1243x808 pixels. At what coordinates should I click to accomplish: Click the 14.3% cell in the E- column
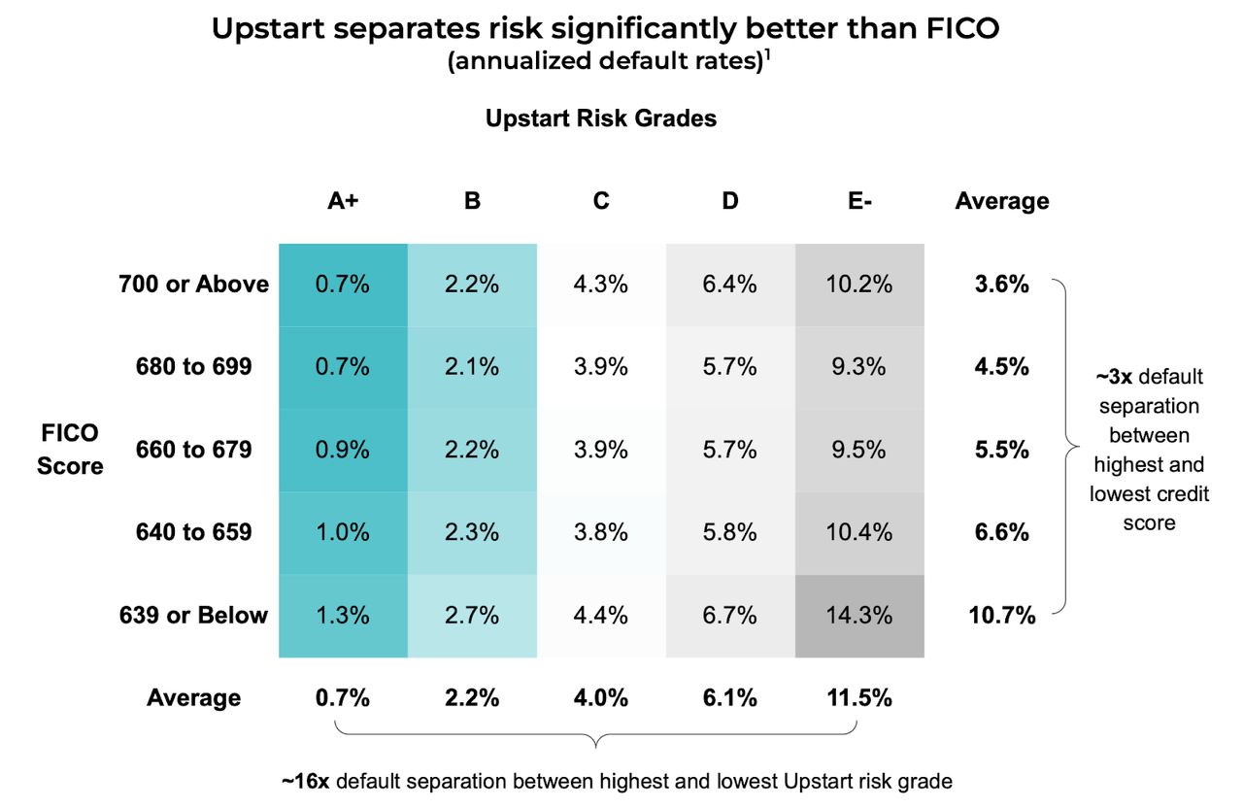[x=859, y=616]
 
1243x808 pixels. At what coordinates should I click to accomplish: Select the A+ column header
[x=342, y=201]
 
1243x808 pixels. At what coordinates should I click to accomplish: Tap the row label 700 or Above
[x=194, y=285]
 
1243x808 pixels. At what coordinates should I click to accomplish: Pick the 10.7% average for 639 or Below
[x=1002, y=616]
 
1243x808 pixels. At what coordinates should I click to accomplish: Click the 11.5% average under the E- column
[x=859, y=698]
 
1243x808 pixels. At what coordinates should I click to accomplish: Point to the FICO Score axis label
[x=70, y=450]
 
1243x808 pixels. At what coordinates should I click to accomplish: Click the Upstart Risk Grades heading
[x=601, y=118]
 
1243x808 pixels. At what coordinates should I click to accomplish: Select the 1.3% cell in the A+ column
[x=342, y=616]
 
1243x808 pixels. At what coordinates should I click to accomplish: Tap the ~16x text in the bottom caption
[x=306, y=780]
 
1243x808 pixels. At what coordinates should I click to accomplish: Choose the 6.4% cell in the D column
[x=730, y=285]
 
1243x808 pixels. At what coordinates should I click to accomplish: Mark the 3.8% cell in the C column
[x=601, y=532]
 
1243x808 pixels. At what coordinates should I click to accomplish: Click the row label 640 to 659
[x=194, y=532]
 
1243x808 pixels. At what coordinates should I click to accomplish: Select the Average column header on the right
[x=1002, y=201]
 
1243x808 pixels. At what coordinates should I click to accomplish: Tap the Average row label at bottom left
[x=194, y=698]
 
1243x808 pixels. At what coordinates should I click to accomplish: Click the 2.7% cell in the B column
[x=472, y=616]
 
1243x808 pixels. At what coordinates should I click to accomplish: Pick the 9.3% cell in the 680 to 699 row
[x=859, y=367]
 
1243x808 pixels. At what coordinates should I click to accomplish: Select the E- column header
[x=859, y=201]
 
